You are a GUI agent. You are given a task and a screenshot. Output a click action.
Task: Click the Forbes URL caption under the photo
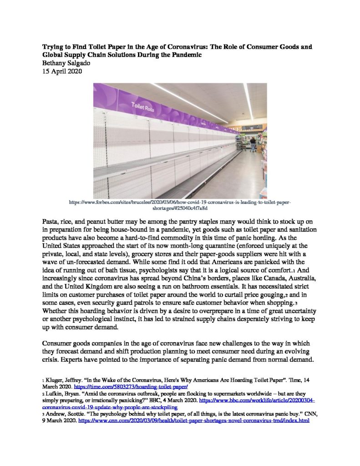180,204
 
